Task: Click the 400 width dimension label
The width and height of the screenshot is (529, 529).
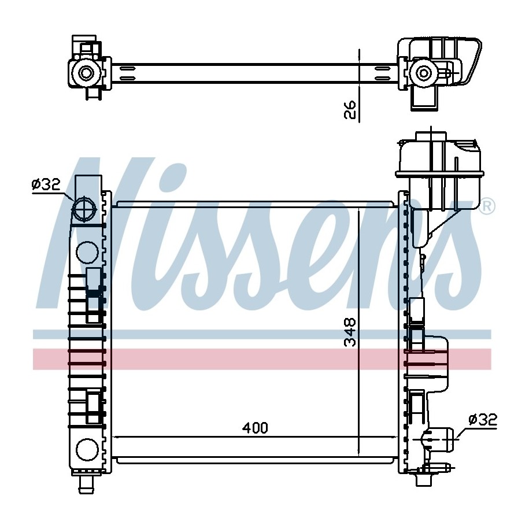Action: click(x=255, y=428)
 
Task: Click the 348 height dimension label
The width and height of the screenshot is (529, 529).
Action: click(x=350, y=332)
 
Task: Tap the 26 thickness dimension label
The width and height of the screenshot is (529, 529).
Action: click(x=350, y=110)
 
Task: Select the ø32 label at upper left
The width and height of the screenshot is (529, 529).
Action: click(x=46, y=184)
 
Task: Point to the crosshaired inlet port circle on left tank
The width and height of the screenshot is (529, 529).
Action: click(x=84, y=209)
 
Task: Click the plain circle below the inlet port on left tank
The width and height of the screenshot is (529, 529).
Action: click(x=87, y=253)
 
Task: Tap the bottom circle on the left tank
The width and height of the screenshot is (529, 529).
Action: click(x=87, y=449)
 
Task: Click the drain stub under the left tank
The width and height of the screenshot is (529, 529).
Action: click(x=87, y=485)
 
